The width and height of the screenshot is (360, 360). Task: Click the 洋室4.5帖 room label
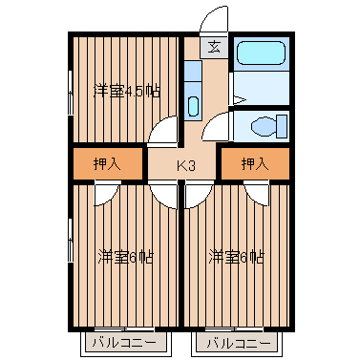(x=126, y=92)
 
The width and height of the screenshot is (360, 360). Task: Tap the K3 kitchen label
(x=185, y=166)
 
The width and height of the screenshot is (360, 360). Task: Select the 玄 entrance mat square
(x=214, y=48)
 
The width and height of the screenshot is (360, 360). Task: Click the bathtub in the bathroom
(x=261, y=53)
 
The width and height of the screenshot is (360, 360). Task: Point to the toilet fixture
(x=269, y=126)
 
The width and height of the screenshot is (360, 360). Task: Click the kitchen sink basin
(x=193, y=106)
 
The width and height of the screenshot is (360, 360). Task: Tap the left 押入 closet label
(x=107, y=164)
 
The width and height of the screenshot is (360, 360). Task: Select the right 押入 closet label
(x=255, y=164)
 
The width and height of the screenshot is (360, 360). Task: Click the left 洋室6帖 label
(x=126, y=257)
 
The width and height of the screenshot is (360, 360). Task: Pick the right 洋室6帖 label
(x=236, y=257)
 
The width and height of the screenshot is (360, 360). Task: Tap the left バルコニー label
(x=124, y=343)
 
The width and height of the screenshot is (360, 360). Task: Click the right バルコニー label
(x=239, y=343)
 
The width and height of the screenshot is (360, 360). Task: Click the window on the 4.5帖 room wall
(x=71, y=93)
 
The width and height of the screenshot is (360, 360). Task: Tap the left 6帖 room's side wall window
(x=71, y=241)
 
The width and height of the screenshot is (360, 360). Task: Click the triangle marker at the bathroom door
(x=240, y=100)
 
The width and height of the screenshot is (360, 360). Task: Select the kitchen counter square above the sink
(x=193, y=71)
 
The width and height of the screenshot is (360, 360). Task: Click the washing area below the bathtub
(x=262, y=88)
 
